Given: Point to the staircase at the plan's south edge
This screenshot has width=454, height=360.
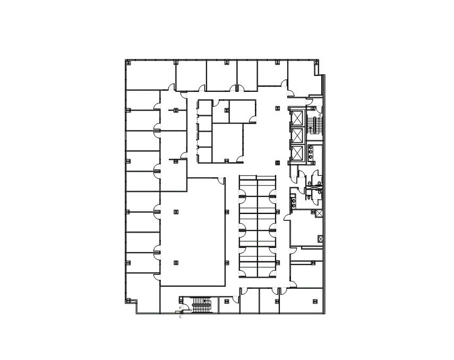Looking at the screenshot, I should tap(201, 305).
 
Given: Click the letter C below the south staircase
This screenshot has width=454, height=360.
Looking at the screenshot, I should tap(181, 317).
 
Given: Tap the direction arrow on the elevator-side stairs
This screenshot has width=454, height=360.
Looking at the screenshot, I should tap(311, 129).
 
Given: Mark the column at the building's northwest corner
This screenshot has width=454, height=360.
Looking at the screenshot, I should tap(127, 63).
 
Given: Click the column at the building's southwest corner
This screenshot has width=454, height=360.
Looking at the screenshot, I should tap(127, 301).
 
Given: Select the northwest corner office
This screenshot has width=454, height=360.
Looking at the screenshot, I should tap(150, 75).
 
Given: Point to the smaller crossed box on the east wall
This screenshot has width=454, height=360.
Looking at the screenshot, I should tap(320, 239).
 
